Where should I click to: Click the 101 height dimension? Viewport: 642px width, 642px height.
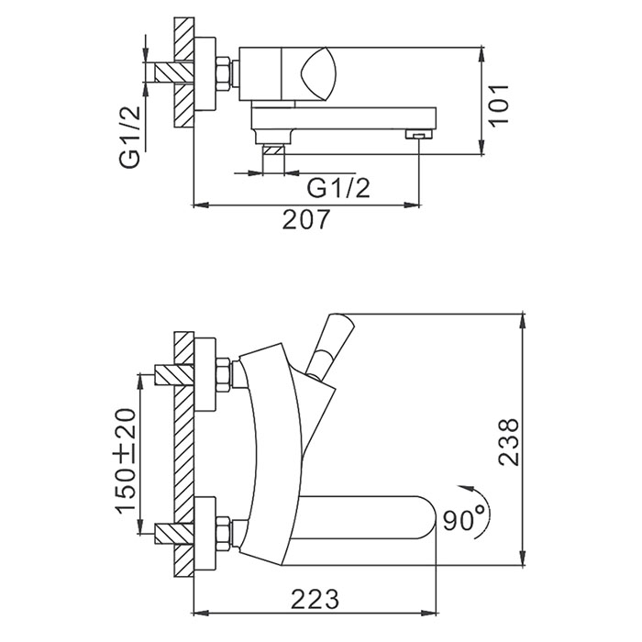(499, 105)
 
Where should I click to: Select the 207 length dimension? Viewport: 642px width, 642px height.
(305, 219)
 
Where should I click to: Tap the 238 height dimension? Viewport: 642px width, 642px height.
(508, 442)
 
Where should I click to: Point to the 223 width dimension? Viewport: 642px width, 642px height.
(315, 600)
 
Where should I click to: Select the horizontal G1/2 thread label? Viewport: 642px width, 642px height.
(338, 189)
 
